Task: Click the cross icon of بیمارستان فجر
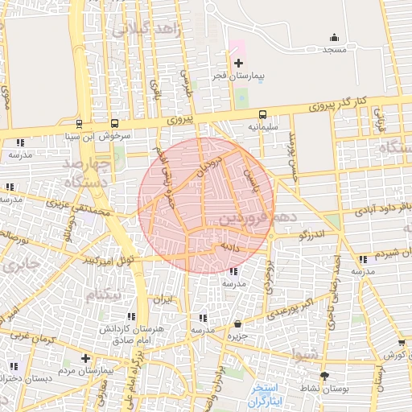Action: (237, 63)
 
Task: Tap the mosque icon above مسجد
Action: (334, 37)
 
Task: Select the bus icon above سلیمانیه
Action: (263, 114)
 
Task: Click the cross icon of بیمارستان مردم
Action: (86, 358)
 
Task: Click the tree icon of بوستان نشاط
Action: (325, 376)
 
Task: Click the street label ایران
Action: (164, 299)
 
